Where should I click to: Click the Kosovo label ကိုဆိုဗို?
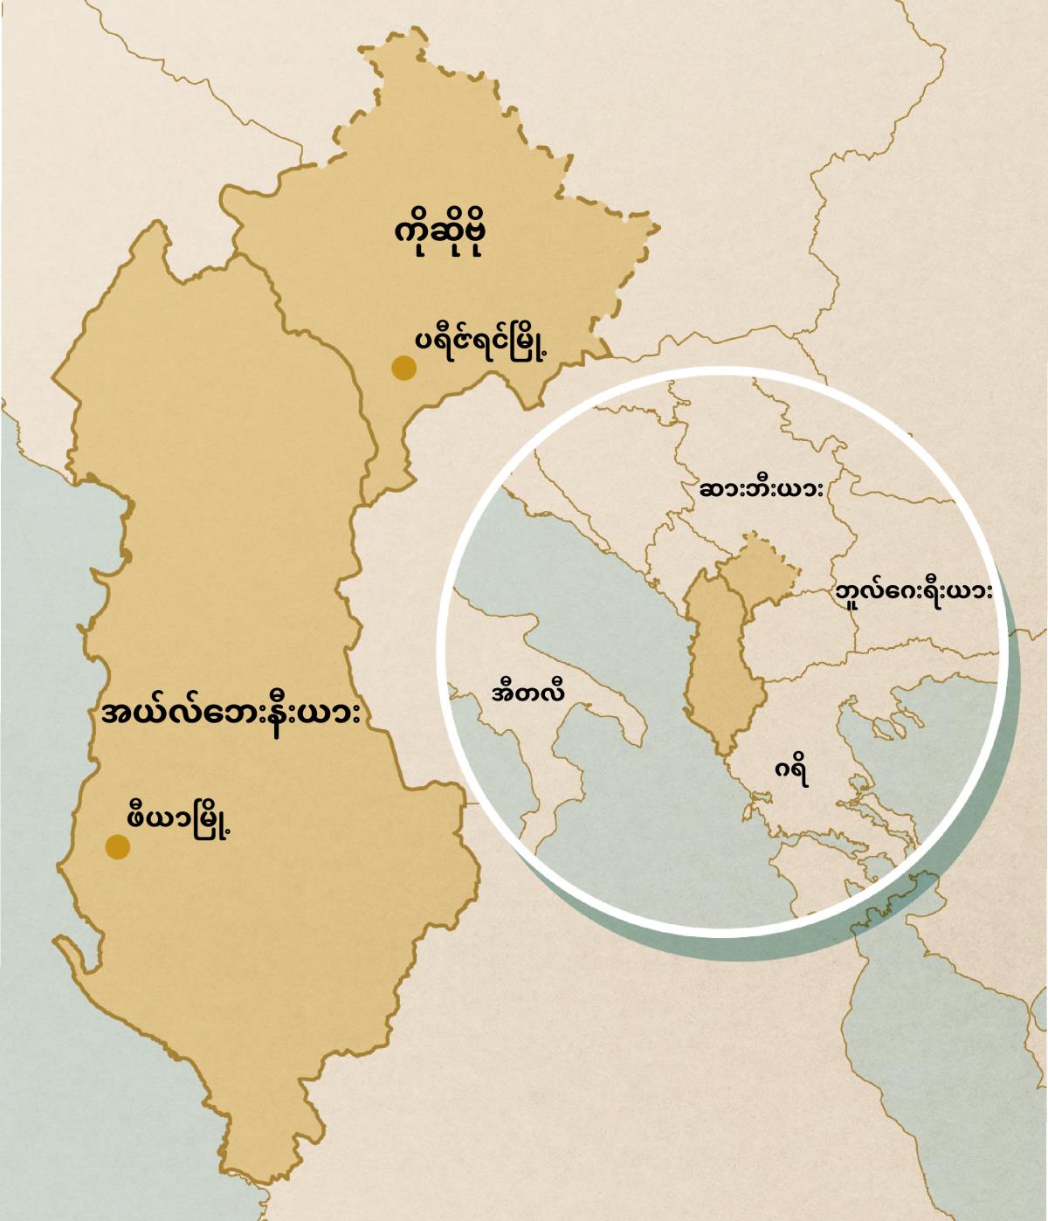point(439,236)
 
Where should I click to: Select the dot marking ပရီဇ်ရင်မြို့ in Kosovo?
point(403,368)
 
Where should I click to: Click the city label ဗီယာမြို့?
point(179,822)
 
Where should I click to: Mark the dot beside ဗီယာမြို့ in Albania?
point(118,846)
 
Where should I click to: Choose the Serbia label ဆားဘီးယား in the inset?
point(762,489)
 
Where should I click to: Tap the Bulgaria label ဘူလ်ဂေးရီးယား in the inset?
point(914,592)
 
